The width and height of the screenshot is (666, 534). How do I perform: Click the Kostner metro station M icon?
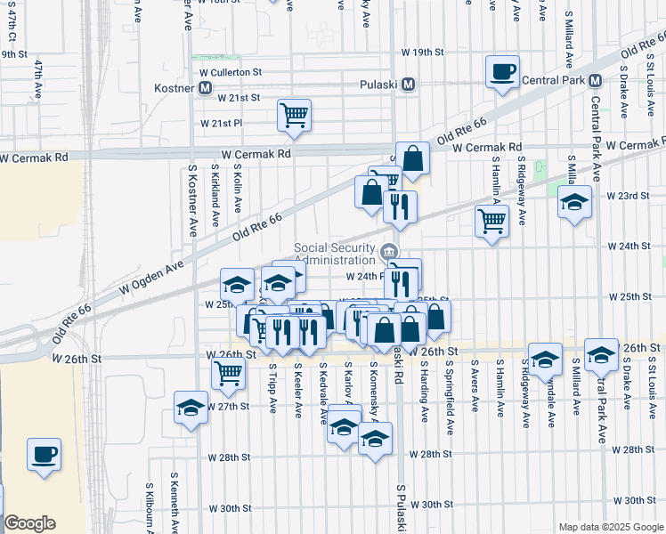pyautogui.click(x=206, y=88)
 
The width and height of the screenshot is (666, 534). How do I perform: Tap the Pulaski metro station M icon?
pyautogui.click(x=409, y=85)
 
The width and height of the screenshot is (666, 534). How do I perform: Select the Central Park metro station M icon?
pyautogui.click(x=594, y=81)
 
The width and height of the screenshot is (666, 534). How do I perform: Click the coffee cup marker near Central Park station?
pyautogui.click(x=502, y=70)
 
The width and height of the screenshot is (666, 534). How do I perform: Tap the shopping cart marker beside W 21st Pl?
pyautogui.click(x=294, y=115)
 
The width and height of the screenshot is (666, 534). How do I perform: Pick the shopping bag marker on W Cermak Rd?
pyautogui.click(x=412, y=158)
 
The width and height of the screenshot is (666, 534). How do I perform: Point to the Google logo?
pyautogui.click(x=29, y=523)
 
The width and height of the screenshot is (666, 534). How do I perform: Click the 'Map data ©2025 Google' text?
pyautogui.click(x=610, y=527)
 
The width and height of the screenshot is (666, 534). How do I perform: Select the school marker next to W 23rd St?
pyautogui.click(x=574, y=202)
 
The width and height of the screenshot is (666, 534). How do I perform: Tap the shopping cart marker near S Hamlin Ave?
pyautogui.click(x=491, y=220)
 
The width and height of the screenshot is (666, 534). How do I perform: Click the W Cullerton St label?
pyautogui.click(x=231, y=71)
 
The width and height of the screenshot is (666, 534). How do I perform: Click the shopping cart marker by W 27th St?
pyautogui.click(x=228, y=375)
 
